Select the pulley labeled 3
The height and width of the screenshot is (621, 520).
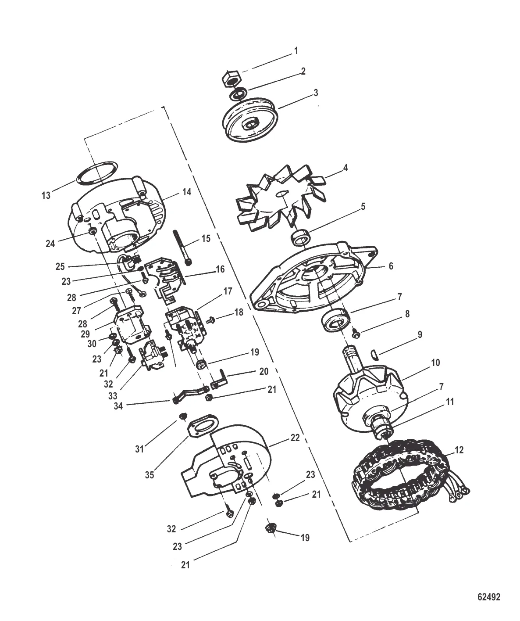point(250,119)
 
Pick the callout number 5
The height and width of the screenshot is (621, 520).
point(363,206)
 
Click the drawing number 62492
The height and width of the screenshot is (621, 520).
point(489,596)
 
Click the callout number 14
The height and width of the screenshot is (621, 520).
point(187,192)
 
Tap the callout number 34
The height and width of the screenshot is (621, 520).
point(118,406)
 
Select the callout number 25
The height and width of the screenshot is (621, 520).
point(60,266)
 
